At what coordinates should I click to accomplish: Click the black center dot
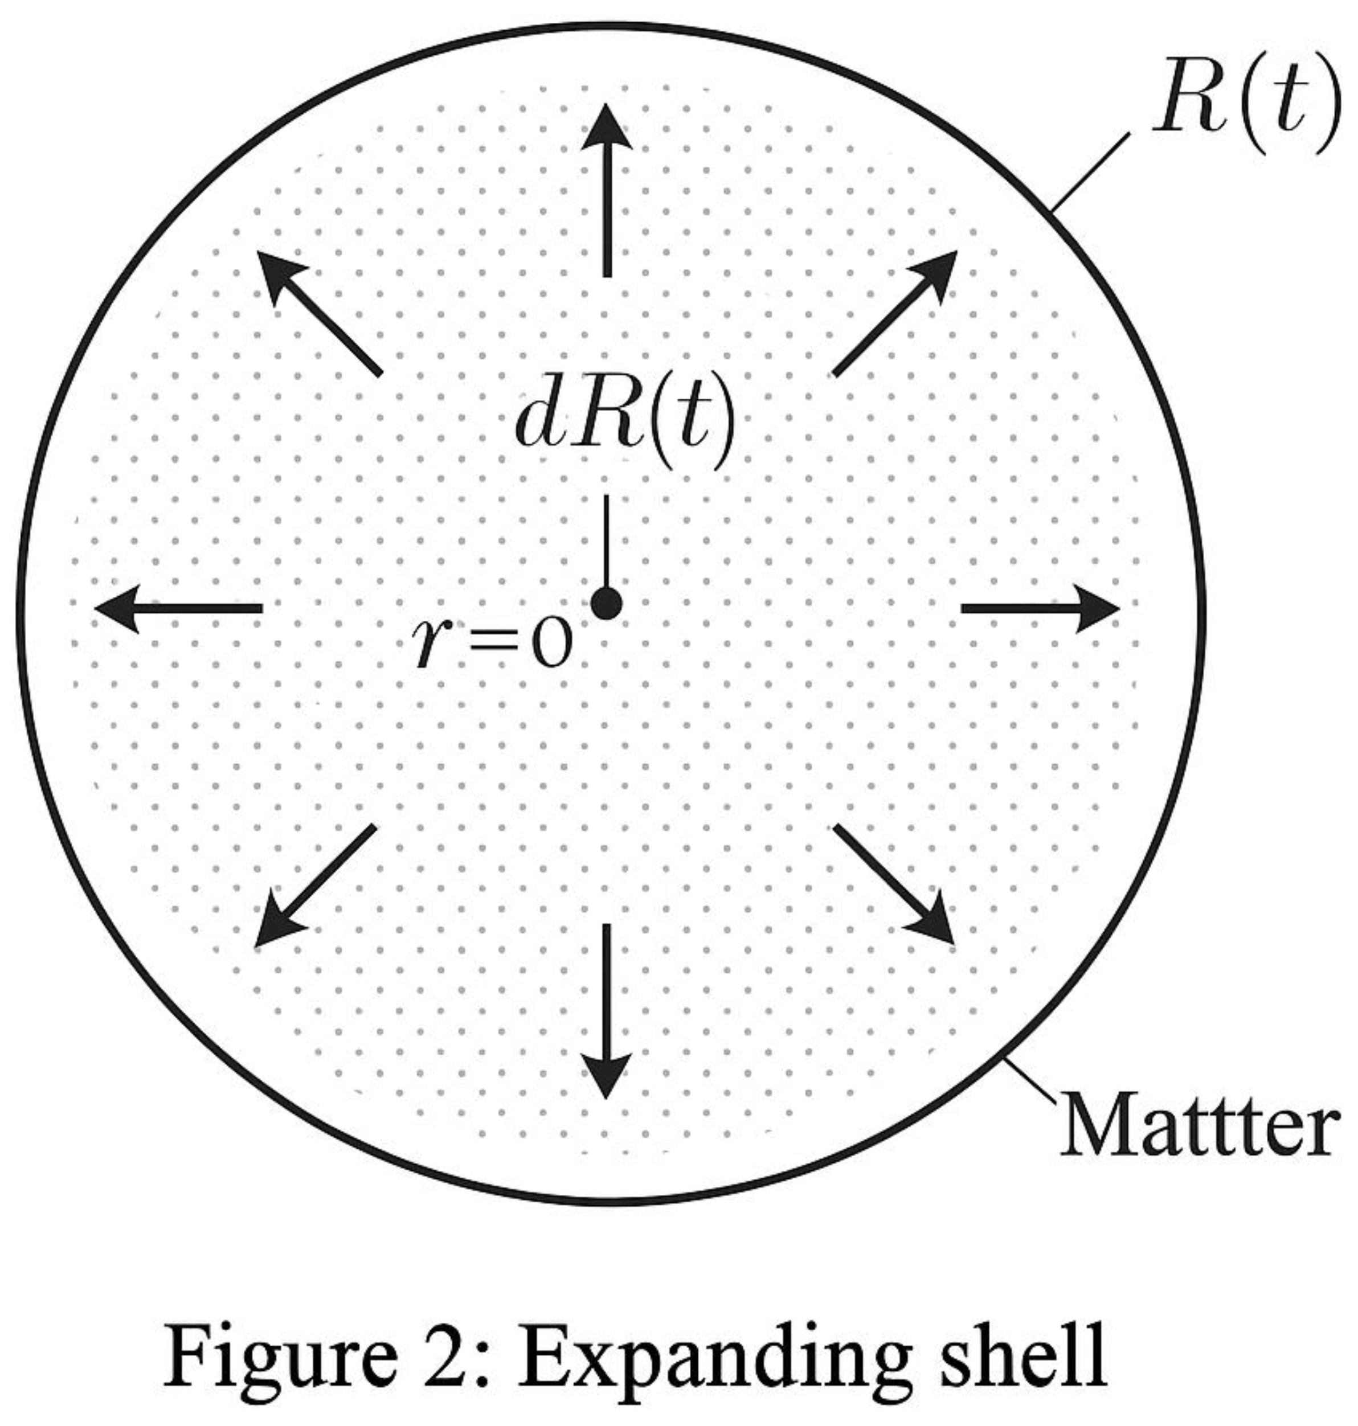coord(607,603)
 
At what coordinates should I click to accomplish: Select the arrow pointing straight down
coord(607,1010)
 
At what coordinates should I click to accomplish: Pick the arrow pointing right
coord(1040,609)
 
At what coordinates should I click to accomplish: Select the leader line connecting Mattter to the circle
coord(1032,1081)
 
